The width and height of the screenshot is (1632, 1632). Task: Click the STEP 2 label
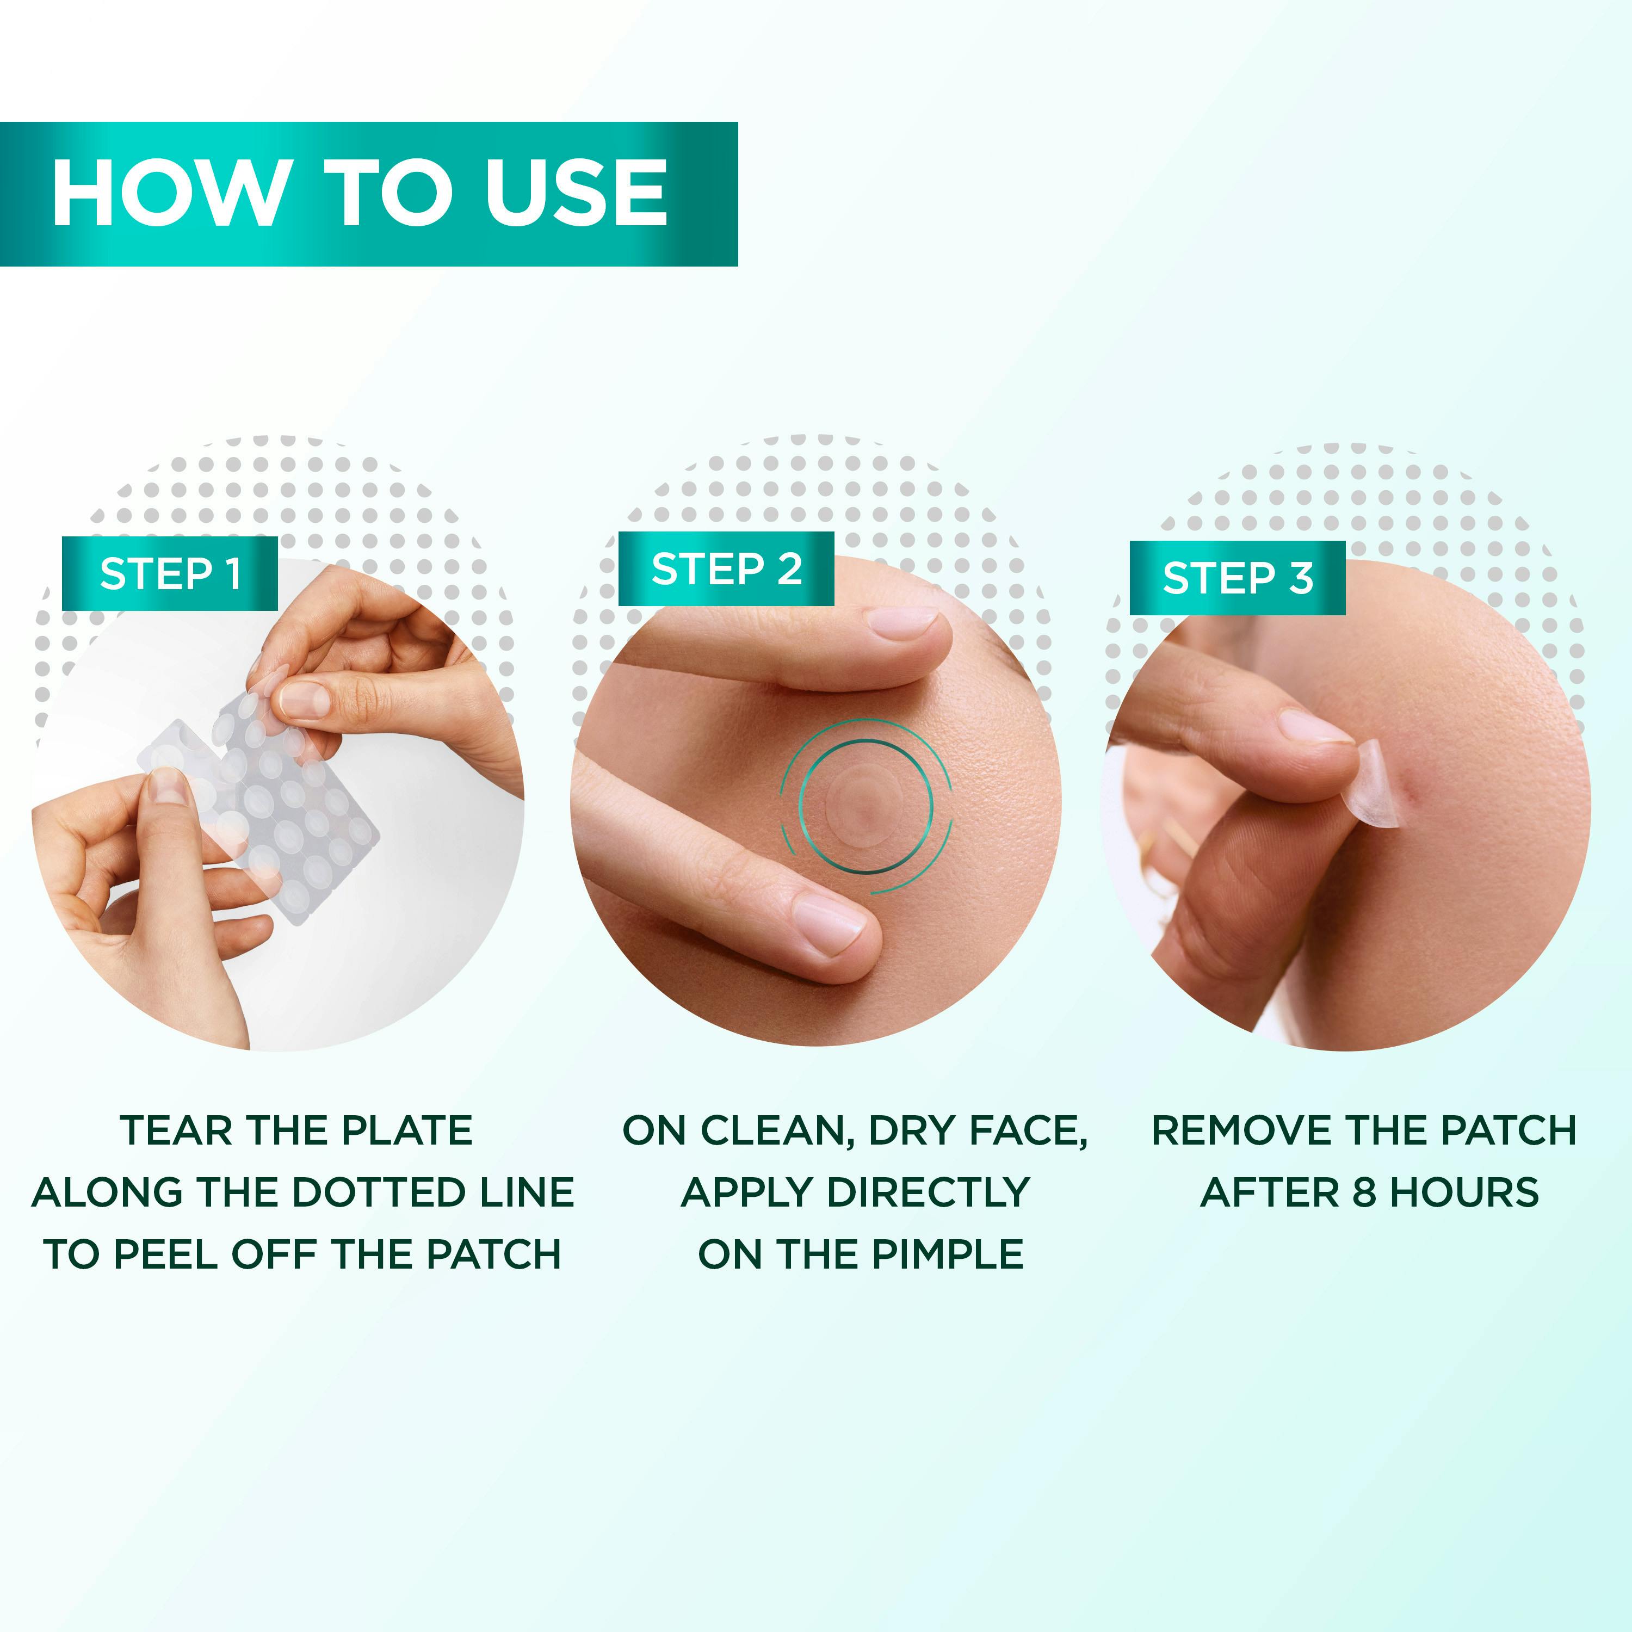coord(726,568)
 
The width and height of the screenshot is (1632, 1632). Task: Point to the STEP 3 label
coord(1238,578)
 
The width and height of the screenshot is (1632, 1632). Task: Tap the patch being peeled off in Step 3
coord(1374,781)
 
